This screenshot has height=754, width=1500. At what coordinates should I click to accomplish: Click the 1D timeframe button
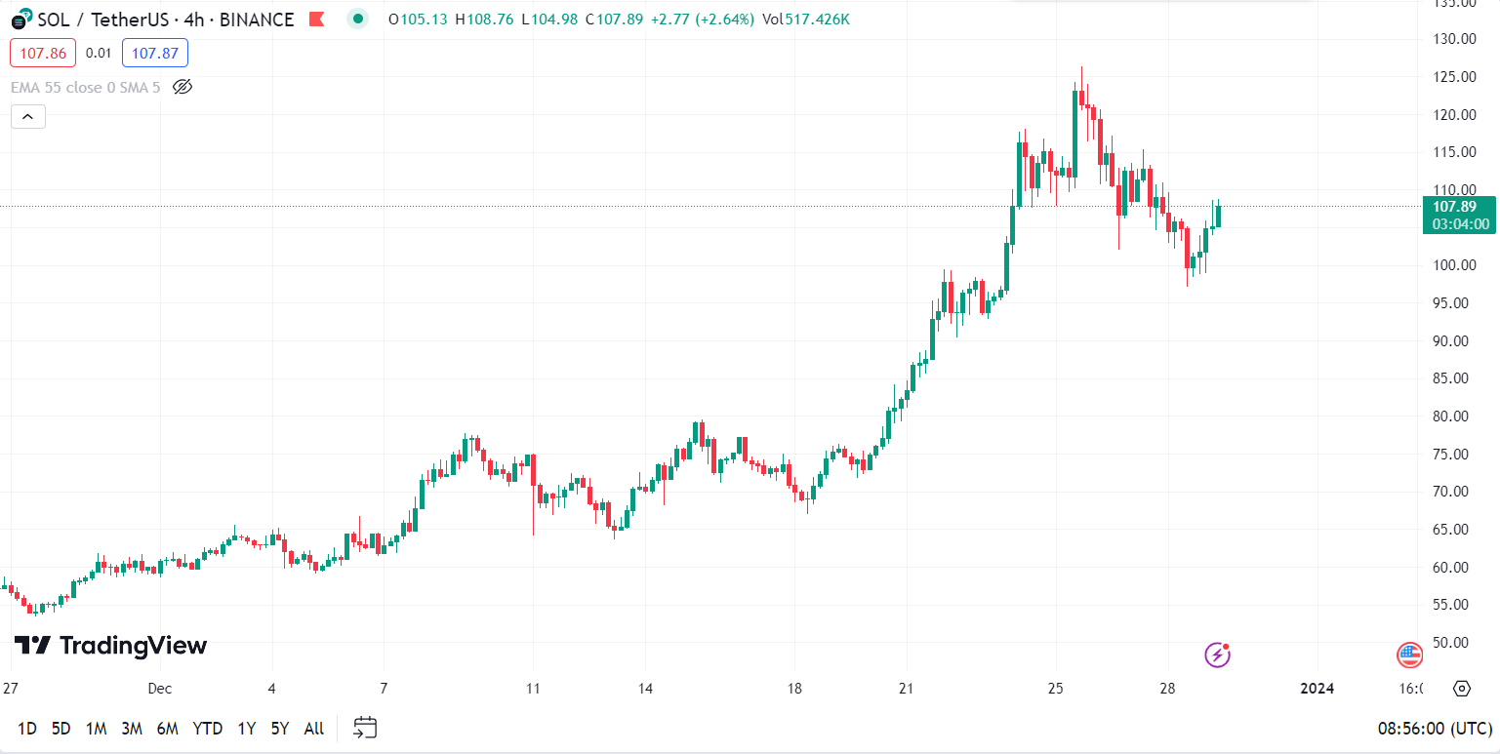pyautogui.click(x=27, y=729)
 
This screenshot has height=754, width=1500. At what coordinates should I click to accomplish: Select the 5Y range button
pyautogui.click(x=280, y=729)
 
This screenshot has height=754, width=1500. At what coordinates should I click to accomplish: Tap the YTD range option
pyautogui.click(x=207, y=729)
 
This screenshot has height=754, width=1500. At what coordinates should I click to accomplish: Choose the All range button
pyautogui.click(x=314, y=729)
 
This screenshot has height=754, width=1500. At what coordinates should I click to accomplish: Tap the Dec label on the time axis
pyautogui.click(x=160, y=689)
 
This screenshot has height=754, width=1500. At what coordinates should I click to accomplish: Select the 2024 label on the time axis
pyautogui.click(x=1318, y=689)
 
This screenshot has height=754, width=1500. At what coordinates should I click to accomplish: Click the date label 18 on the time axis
pyautogui.click(x=795, y=689)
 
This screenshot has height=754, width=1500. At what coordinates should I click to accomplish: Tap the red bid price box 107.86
pyautogui.click(x=43, y=53)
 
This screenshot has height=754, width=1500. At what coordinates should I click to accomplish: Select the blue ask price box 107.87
pyautogui.click(x=155, y=53)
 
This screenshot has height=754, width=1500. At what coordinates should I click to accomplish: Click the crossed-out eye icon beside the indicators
pyautogui.click(x=182, y=87)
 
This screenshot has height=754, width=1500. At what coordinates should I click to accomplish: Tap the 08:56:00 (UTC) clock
pyautogui.click(x=1433, y=729)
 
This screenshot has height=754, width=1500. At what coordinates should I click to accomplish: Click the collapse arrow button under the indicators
pyautogui.click(x=28, y=117)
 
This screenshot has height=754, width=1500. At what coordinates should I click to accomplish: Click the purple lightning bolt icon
pyautogui.click(x=1217, y=655)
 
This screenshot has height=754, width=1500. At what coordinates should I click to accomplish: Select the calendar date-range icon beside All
pyautogui.click(x=365, y=728)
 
